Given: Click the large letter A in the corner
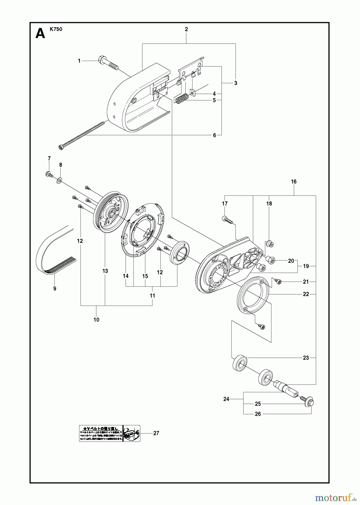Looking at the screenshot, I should (x=40, y=34).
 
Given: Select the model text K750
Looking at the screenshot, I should (x=56, y=29).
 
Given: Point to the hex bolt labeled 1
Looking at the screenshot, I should (x=108, y=63).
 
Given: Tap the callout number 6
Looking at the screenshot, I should (x=214, y=135).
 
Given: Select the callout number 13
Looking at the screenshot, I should (x=105, y=271).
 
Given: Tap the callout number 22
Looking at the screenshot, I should (x=306, y=294).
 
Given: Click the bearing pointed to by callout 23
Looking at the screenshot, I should (x=239, y=363).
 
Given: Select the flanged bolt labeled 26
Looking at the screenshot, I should (x=308, y=402).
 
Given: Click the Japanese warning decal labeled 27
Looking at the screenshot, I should (x=110, y=433).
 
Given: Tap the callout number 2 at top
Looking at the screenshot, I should (x=186, y=29).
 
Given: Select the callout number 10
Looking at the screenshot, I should (x=96, y=320).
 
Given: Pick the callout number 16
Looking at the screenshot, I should (x=294, y=182).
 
